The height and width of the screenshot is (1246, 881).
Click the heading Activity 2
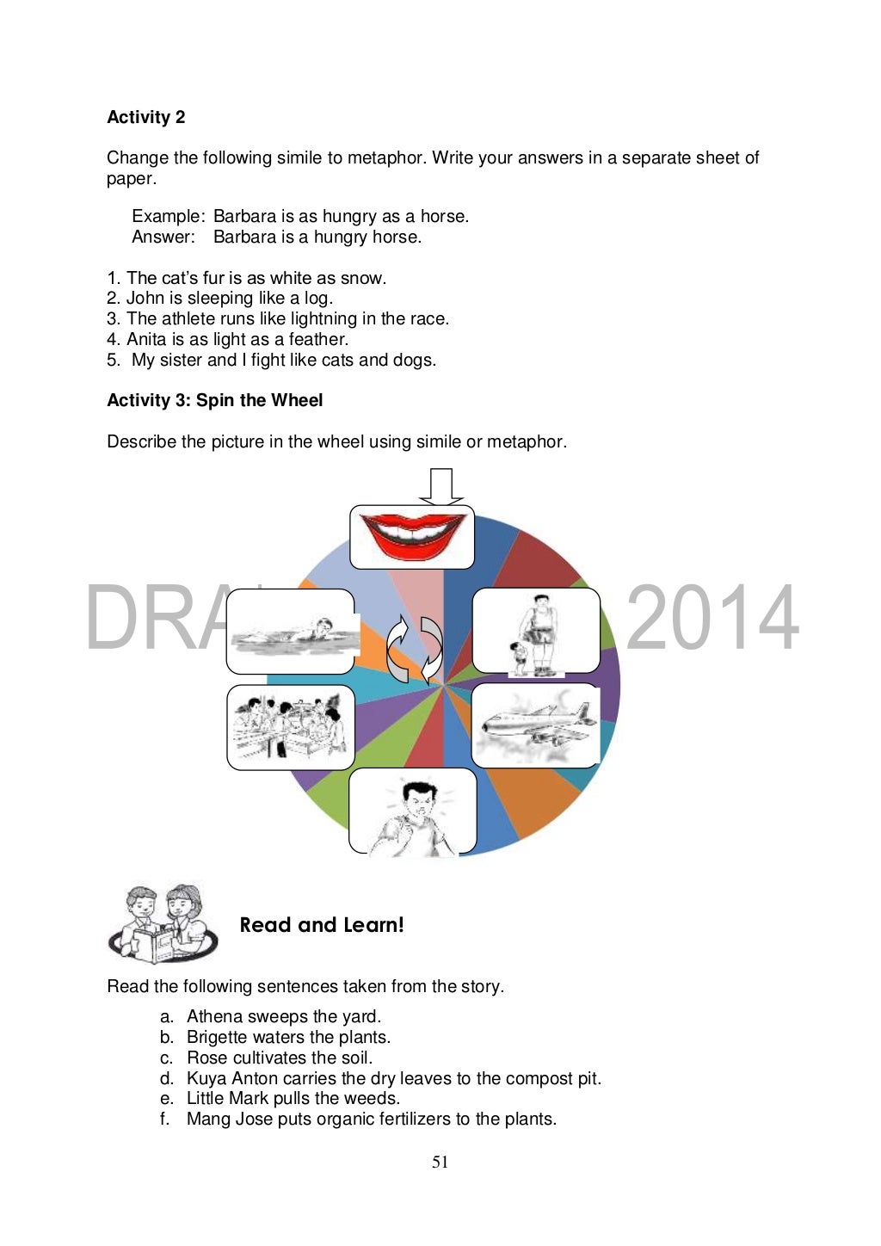click(145, 117)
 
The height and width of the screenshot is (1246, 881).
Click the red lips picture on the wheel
click(412, 536)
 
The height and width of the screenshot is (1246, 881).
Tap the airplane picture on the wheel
click(535, 725)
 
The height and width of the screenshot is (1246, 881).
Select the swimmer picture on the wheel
click(291, 632)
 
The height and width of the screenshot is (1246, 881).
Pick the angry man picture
click(412, 811)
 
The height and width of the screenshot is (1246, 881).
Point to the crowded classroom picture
click(291, 727)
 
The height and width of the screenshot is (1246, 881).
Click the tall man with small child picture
click(536, 631)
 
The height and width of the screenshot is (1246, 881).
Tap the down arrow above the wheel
click(440, 486)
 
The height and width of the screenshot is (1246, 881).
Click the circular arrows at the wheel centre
click(415, 650)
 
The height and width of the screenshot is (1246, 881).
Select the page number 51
click(440, 1163)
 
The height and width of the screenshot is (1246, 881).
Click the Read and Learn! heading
click(322, 925)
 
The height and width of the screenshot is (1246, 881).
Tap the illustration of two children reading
click(163, 923)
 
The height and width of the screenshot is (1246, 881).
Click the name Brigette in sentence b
click(217, 1037)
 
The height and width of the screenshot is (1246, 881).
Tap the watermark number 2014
click(712, 618)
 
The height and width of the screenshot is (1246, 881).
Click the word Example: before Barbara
click(168, 216)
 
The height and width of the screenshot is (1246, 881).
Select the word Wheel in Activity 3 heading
click(297, 400)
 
